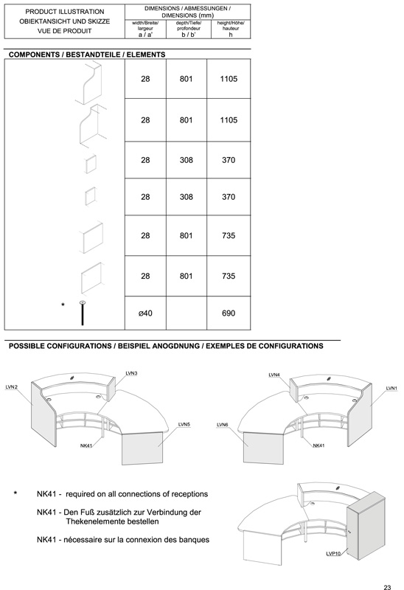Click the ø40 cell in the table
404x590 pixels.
pos(145,313)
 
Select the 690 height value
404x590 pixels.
pos(229,313)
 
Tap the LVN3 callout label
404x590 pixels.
pos(131,373)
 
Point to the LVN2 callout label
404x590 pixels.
pos(12,386)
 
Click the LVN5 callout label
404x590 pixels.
pos(184,425)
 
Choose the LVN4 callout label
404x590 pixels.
pos(274,375)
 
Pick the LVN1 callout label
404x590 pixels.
pos(391,389)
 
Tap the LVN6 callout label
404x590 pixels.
pos(223,425)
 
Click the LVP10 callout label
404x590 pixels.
pos(333,554)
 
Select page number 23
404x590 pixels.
pos(387,587)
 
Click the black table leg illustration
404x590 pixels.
pos(82,313)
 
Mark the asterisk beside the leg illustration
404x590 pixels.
pos(63,305)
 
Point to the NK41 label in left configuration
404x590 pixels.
pos(86,445)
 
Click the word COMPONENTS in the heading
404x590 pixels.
pos(34,55)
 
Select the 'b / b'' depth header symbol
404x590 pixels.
pos(189,35)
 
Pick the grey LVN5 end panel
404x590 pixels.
pos(142,448)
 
